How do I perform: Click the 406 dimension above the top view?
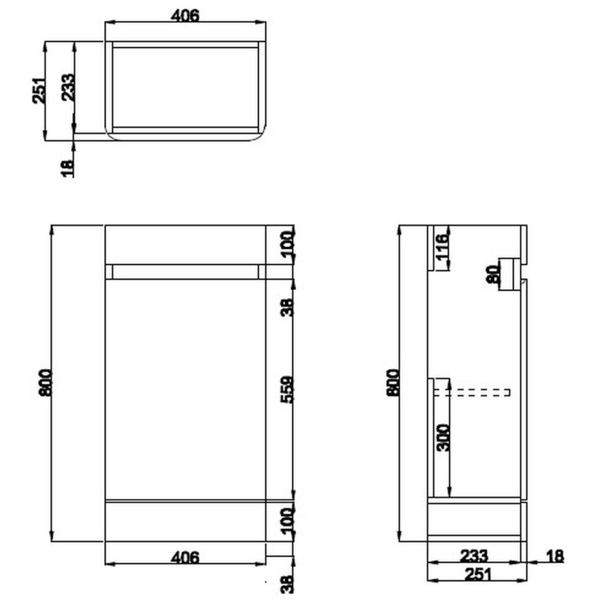[185, 14]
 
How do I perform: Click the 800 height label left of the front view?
[45, 384]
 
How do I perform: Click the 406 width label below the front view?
[185, 558]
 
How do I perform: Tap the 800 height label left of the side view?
[392, 383]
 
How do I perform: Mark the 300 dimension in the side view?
[443, 437]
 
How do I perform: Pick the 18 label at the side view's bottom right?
[555, 557]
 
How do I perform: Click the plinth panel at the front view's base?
[185, 521]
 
